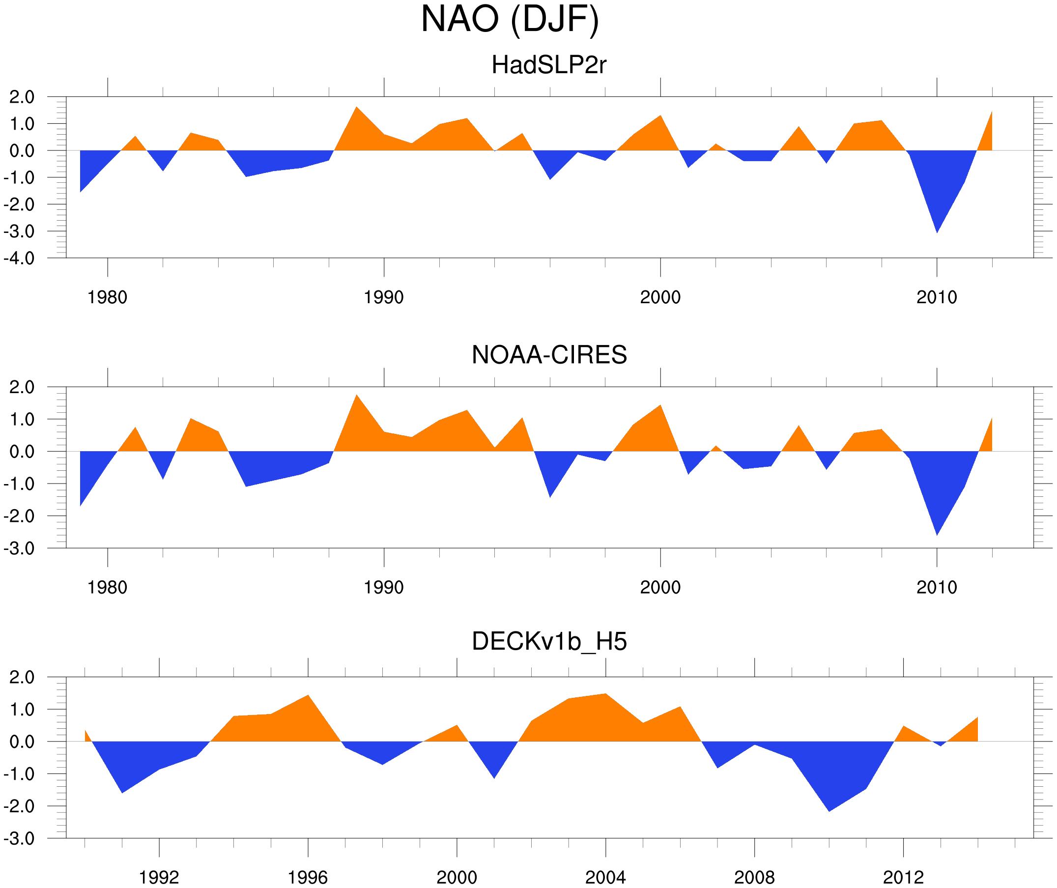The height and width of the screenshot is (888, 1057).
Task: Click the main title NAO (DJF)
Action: coord(510,19)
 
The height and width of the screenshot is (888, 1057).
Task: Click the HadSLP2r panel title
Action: coord(548,65)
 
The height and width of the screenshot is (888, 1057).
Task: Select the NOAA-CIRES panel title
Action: coord(549,355)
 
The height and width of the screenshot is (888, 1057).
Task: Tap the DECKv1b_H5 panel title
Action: coord(549,642)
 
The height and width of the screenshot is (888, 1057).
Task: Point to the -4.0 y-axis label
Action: coord(19,259)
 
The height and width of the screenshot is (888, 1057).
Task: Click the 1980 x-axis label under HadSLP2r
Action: coord(107,297)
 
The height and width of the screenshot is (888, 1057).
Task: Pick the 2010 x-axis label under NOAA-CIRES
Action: coord(936,587)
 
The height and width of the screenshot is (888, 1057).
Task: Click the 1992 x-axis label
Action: coord(159,878)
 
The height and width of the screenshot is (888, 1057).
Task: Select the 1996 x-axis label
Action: coord(308,878)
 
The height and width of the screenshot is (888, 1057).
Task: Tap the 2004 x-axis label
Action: coord(605,878)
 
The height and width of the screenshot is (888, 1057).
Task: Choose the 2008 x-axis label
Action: coord(754,878)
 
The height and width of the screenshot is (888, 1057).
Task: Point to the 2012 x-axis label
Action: coord(903,878)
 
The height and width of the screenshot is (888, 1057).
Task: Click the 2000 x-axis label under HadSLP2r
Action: coord(660,297)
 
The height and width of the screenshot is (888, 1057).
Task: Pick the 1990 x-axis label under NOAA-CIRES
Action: coord(384,587)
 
